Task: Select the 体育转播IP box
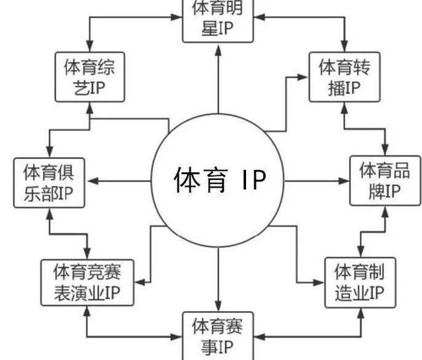(339, 76)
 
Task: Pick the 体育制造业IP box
(359, 283)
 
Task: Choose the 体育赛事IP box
(218, 335)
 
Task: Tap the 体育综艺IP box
(89, 76)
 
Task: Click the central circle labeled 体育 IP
(218, 179)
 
